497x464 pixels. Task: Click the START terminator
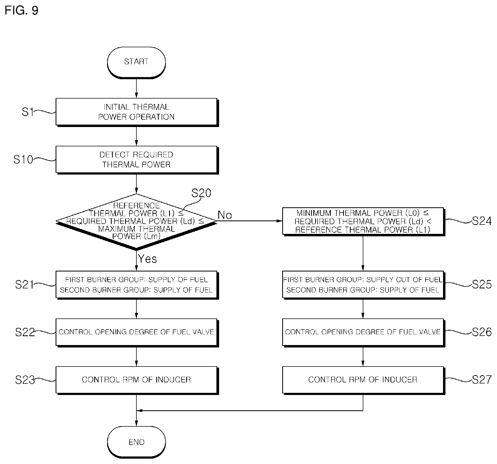pos(136,63)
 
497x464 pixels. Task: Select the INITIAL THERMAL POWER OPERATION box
pos(137,112)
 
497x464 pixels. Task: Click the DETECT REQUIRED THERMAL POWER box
pos(137,160)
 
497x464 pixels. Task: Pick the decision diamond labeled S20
pos(136,221)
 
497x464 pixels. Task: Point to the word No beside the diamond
pos(225,215)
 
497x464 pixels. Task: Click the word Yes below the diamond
pos(147,259)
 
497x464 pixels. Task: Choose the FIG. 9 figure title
pos(21,10)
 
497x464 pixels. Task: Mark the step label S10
pos(23,160)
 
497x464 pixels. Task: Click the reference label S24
pos(482,221)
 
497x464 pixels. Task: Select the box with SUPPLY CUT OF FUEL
pos(364,285)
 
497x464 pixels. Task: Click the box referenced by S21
pos(137,285)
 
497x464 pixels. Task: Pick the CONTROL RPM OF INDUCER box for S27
pos(364,380)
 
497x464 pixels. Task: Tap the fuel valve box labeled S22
pos(137,333)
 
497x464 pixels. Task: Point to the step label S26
pos(482,332)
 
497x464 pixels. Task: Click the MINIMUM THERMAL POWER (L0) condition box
pos(364,222)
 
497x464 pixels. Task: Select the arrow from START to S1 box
pos(136,88)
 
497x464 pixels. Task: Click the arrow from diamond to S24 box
pos(249,221)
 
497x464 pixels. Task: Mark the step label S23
pos(25,380)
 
